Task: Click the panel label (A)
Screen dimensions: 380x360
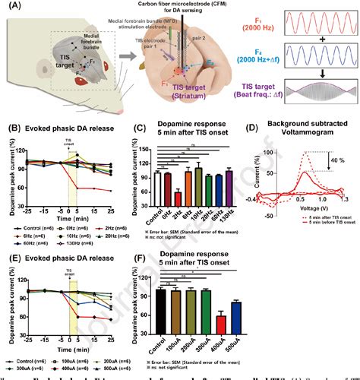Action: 10,7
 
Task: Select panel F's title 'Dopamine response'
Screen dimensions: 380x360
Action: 194,264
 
